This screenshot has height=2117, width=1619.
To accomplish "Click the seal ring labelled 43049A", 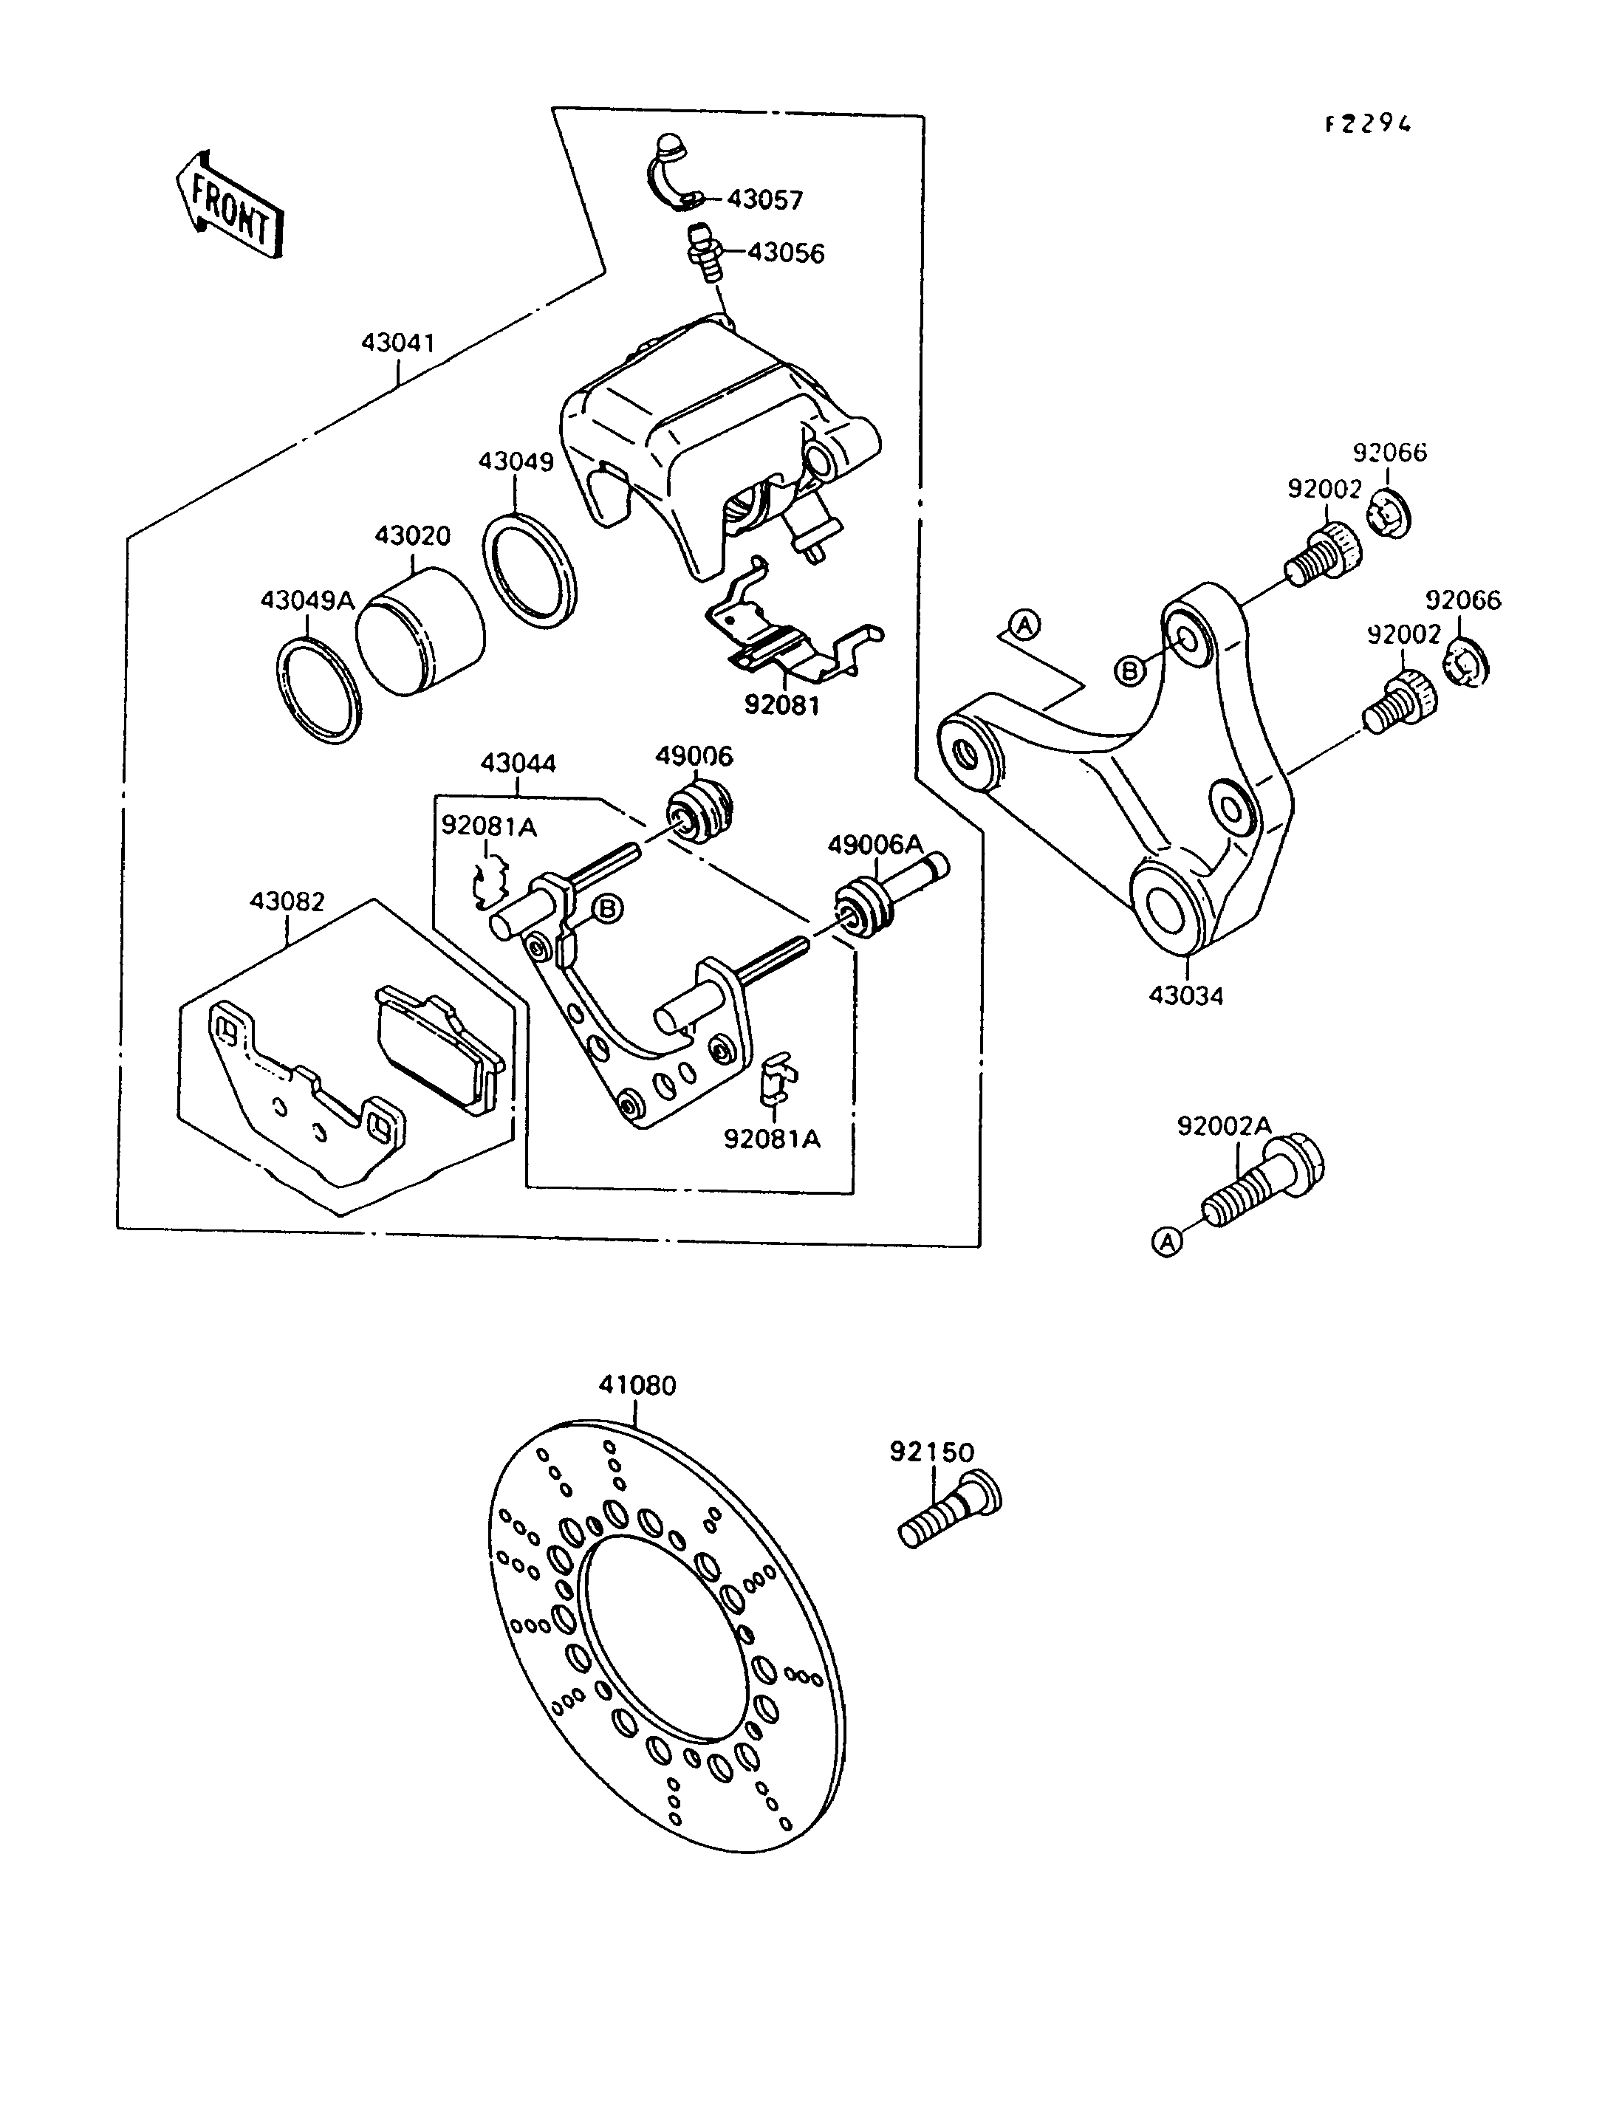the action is coord(319,691).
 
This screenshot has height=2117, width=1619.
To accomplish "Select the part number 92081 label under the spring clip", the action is coord(781,705).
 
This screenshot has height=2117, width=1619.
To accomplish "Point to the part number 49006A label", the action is coord(875,845).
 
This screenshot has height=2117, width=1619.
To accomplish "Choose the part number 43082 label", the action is coord(287,901).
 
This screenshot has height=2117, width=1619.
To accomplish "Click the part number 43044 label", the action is coord(518,764).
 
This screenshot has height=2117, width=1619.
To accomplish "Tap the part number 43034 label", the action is coord(1185,995).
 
